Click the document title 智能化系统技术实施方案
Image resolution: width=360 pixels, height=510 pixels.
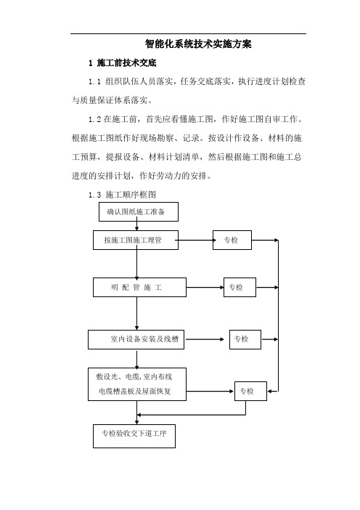pyautogui.click(x=198, y=44)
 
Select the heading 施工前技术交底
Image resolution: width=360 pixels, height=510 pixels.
pyautogui.click(x=126, y=62)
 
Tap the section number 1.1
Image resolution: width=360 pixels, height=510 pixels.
pyautogui.click(x=94, y=81)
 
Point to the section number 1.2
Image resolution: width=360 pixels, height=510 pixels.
pyautogui.click(x=94, y=119)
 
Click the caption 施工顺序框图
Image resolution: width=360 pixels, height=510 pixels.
pyautogui.click(x=131, y=195)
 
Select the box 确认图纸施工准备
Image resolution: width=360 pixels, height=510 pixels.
pyautogui.click(x=139, y=211)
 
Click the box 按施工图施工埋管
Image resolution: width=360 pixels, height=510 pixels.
pyautogui.click(x=136, y=240)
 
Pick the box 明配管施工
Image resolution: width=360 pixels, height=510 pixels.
pyautogui.click(x=139, y=287)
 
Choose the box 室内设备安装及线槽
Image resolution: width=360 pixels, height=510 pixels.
pyautogui.click(x=136, y=339)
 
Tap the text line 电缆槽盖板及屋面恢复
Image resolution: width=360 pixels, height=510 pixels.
pyautogui.click(x=135, y=392)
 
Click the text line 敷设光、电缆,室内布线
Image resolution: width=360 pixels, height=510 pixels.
pyautogui.click(x=134, y=376)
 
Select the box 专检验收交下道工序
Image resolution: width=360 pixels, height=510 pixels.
pyautogui.click(x=134, y=436)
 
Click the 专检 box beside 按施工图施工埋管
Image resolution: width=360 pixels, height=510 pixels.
pyautogui.click(x=232, y=240)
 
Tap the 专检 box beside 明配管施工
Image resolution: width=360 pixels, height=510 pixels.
pyautogui.click(x=240, y=287)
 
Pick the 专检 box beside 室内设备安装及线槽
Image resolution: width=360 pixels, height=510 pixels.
pyautogui.click(x=245, y=339)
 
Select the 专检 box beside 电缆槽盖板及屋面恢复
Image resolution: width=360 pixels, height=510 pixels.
pyautogui.click(x=250, y=392)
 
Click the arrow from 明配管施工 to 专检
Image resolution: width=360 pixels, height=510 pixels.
pyautogui.click(x=205, y=288)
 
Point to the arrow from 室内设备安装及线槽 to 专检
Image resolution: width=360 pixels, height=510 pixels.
pyautogui.click(x=205, y=339)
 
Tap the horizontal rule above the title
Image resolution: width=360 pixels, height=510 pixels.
pyautogui.click(x=188, y=33)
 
